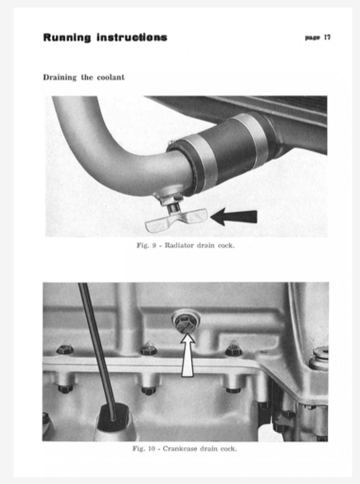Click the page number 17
click(x=318, y=37)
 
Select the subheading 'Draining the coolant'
click(x=88, y=78)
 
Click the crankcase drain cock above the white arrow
click(x=184, y=323)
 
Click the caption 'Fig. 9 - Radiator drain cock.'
click(x=185, y=245)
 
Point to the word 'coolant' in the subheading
click(x=116, y=78)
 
